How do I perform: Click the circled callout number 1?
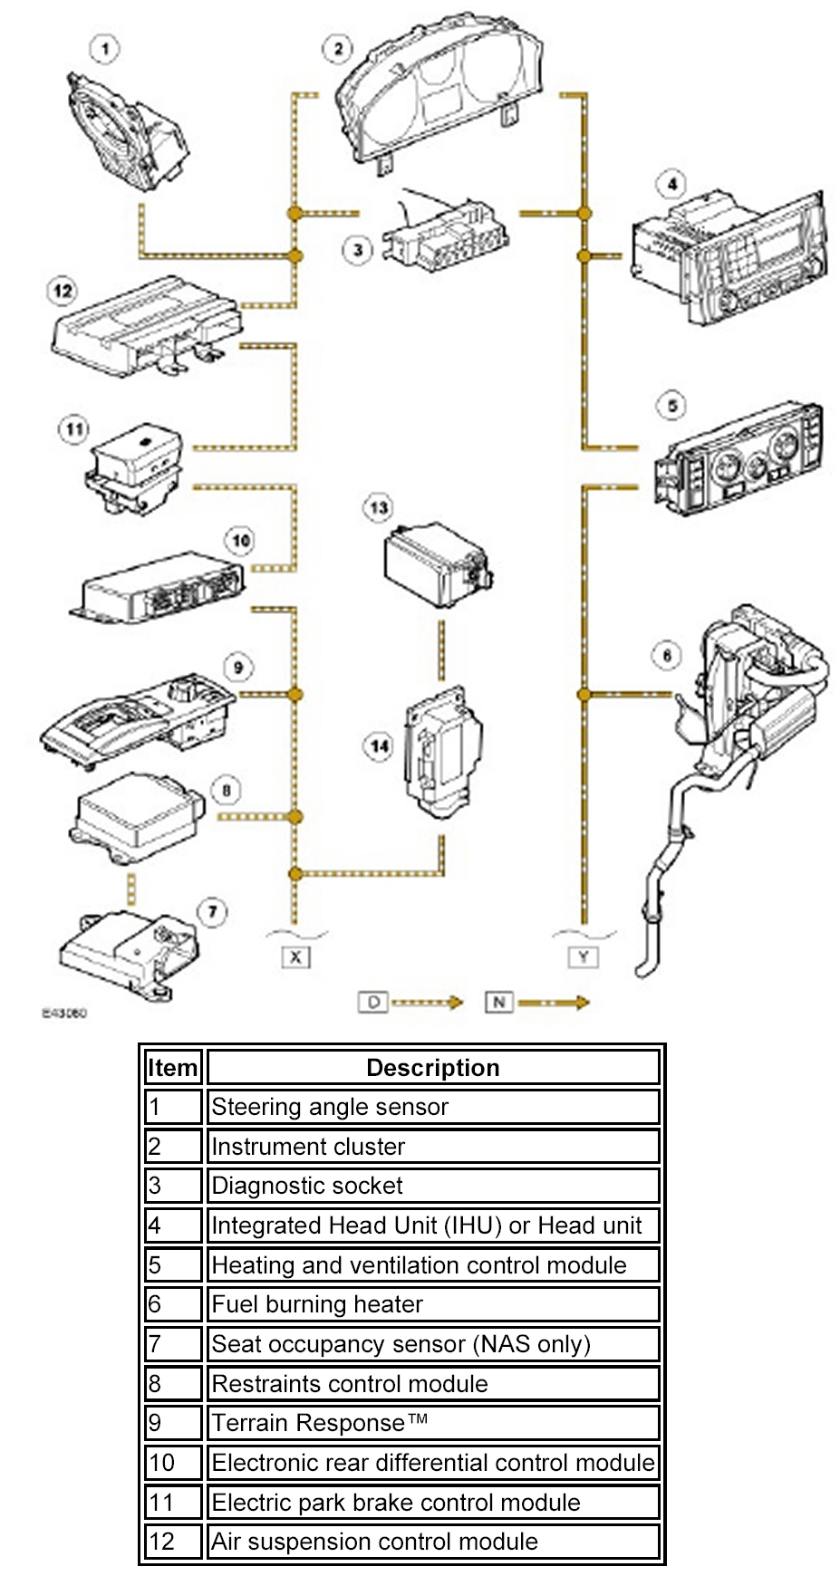(105, 47)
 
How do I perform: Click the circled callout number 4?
(671, 185)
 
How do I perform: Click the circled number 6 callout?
(667, 655)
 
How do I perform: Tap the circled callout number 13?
(379, 507)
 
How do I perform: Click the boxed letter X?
(295, 956)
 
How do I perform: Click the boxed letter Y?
(584, 956)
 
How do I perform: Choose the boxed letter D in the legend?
(372, 1002)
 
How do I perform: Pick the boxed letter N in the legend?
(498, 1002)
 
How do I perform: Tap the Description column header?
(433, 1067)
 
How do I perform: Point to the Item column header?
(172, 1067)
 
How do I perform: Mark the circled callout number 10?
(240, 541)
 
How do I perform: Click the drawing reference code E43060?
(64, 1013)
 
